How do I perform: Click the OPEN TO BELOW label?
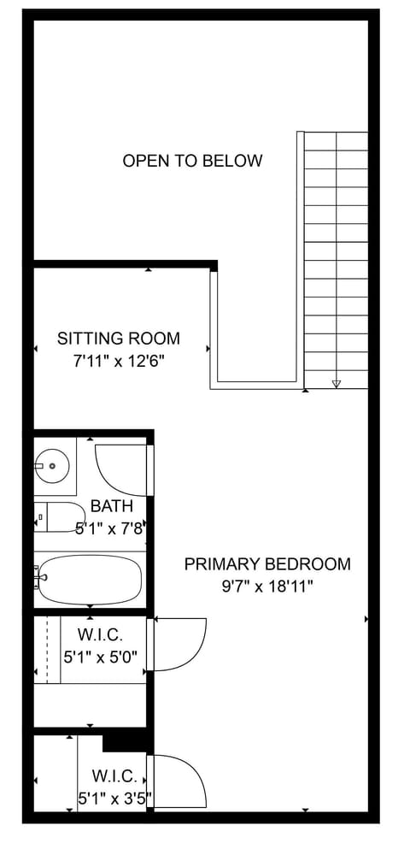[x=192, y=161]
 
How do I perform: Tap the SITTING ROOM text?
[x=119, y=339]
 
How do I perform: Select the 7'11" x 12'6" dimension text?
[x=119, y=361]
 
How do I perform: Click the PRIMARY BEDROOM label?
[x=267, y=564]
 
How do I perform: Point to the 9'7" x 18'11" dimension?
[x=267, y=587]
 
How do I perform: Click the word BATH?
[x=111, y=507]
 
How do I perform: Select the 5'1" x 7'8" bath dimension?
[x=108, y=529]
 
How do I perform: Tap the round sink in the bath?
[x=53, y=466]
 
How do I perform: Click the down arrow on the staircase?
[x=337, y=384]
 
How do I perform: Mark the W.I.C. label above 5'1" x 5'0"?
[x=101, y=636]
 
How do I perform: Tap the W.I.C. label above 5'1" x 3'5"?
[x=114, y=776]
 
